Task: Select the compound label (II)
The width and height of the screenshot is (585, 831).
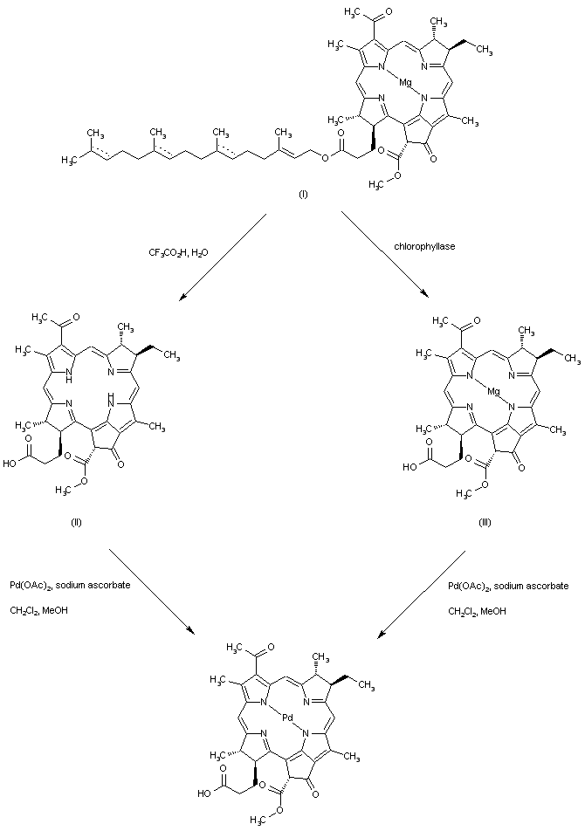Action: (x=76, y=522)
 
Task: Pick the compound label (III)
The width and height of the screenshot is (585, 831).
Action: (x=486, y=522)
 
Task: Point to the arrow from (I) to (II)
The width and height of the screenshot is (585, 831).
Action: (x=222, y=259)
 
